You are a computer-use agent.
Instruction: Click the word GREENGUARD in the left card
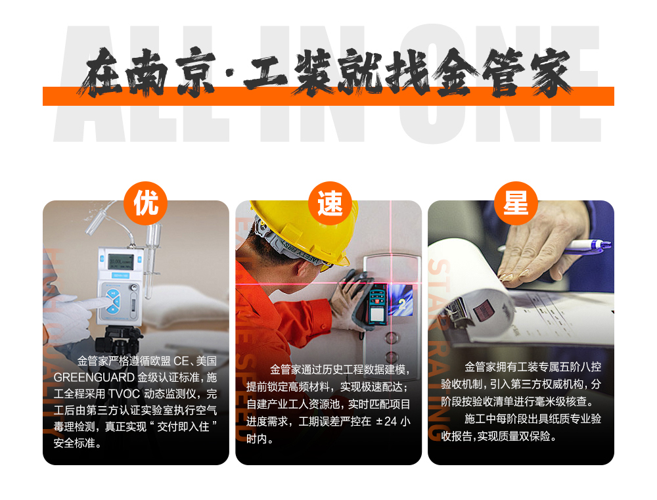pos(95,378)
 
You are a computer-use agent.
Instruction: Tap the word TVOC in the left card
pos(124,394)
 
